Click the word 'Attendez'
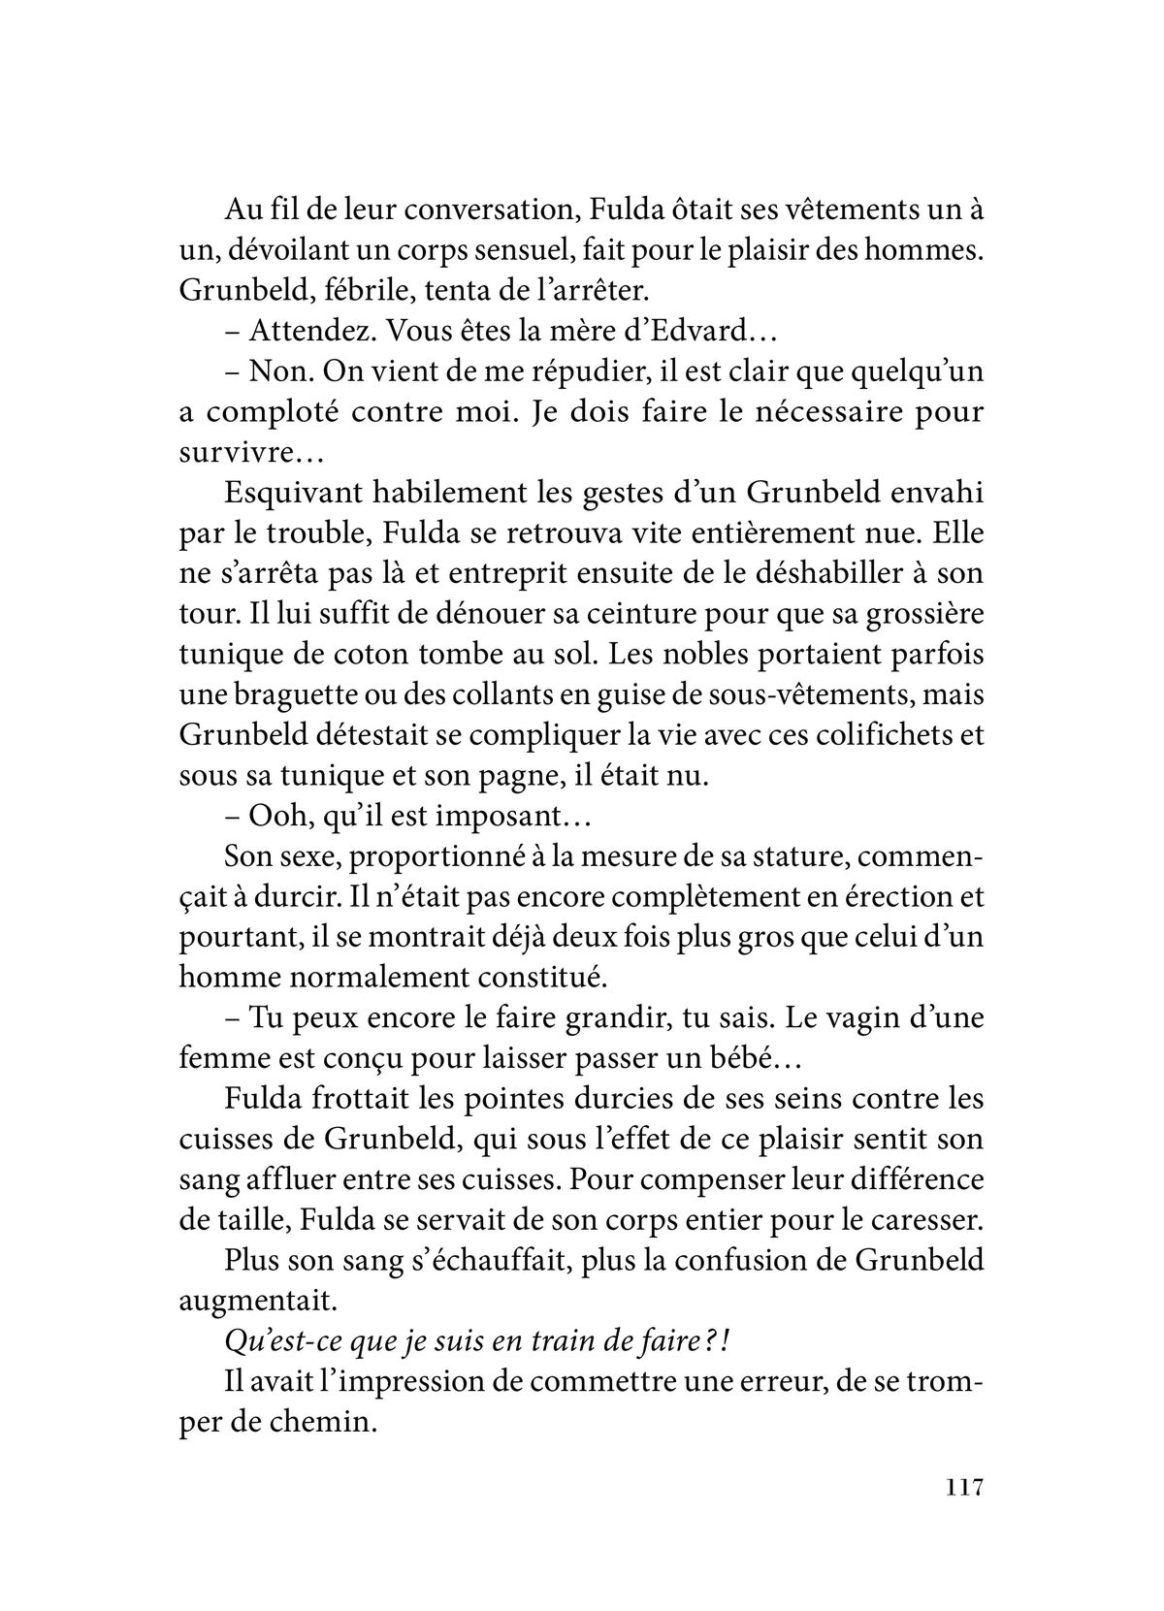[309, 332]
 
